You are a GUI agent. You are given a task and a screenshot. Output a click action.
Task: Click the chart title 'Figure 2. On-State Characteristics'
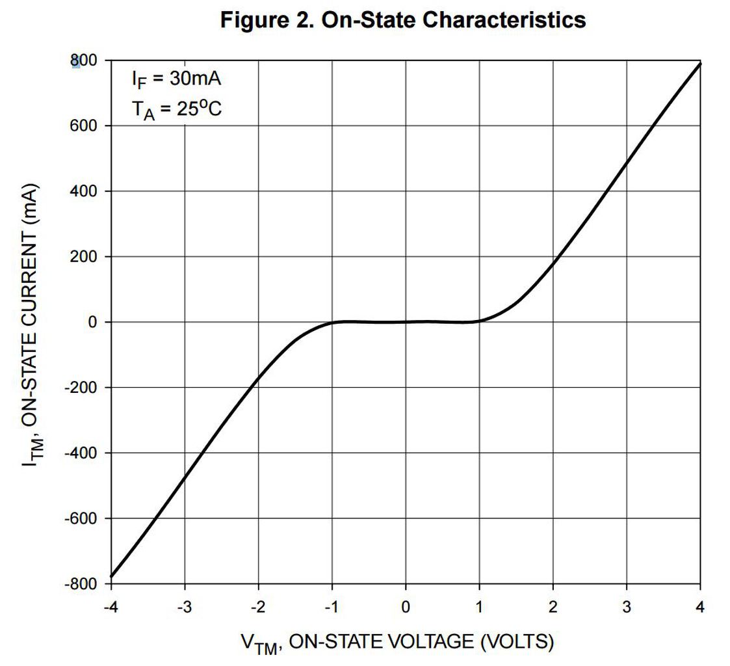tap(403, 20)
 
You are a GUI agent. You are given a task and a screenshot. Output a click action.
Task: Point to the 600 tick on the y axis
tap(84, 126)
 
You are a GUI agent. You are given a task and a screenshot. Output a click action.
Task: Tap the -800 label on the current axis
tap(80, 584)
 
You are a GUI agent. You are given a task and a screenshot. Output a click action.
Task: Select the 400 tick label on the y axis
tap(84, 191)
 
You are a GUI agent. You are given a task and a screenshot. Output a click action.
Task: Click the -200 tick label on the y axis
tap(80, 388)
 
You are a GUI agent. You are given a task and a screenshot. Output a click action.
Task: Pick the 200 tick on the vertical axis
tap(84, 257)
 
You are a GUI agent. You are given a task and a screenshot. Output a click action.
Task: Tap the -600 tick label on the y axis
tap(80, 518)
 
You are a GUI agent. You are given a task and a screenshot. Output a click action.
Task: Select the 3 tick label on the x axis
tap(627, 607)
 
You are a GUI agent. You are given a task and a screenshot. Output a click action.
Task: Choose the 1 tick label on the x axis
tap(479, 607)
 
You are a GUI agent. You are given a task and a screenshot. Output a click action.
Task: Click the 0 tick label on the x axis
tap(406, 607)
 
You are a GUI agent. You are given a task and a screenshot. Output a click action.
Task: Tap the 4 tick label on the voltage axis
tap(700, 607)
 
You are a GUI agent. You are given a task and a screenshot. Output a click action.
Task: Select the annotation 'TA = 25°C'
tap(176, 109)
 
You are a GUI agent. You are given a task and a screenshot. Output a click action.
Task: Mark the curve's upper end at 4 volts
tap(700, 63)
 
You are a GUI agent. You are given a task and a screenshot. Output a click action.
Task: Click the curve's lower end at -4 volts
tap(111, 576)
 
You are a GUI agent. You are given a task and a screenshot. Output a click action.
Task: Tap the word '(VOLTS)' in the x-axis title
tap(517, 642)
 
